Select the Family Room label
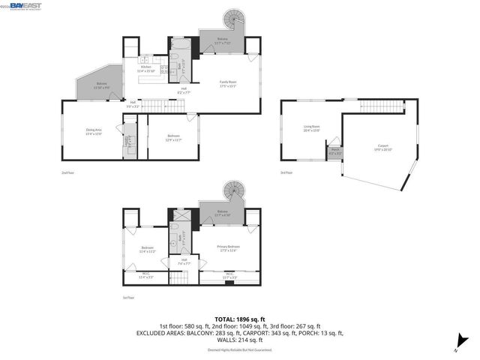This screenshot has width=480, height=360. [228, 83]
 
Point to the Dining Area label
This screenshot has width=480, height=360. [94, 132]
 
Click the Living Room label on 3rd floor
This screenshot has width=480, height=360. [311, 128]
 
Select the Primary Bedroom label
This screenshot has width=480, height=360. [228, 248]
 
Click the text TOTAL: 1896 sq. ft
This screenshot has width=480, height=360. [239, 319]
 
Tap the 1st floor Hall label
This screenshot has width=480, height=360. [183, 262]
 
